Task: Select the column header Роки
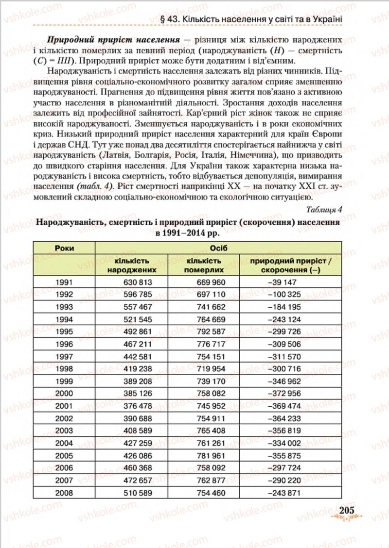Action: point(65,248)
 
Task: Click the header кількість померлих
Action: point(204,265)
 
